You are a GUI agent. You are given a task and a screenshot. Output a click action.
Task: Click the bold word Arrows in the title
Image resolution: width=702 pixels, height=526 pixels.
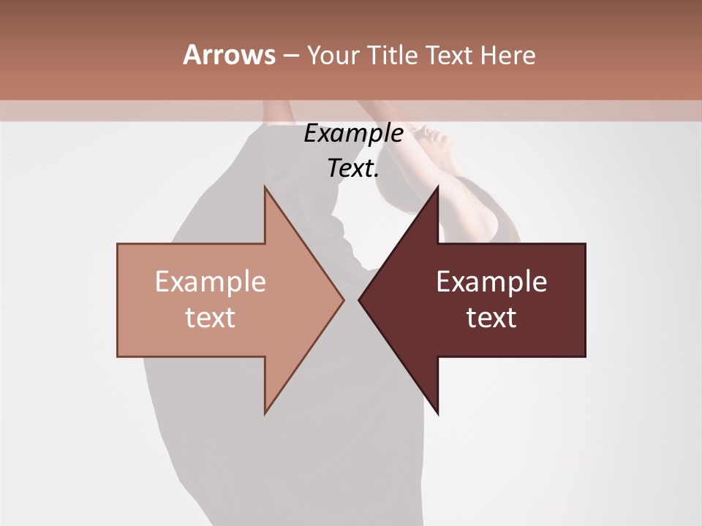pos(229,55)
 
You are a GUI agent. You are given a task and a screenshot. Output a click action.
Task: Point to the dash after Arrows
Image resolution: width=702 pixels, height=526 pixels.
pos(290,56)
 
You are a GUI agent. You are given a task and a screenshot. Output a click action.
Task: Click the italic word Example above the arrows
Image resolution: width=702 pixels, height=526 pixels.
pos(353,134)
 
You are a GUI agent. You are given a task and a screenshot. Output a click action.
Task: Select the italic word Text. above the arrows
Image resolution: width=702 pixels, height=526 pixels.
pos(353,169)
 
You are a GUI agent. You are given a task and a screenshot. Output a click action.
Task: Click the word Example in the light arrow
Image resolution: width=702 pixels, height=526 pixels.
pos(211,282)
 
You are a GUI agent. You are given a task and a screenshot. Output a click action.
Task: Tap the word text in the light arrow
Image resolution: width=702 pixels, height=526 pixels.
pos(211,318)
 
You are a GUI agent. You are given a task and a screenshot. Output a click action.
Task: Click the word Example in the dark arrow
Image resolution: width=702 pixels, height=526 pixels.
pos(491,282)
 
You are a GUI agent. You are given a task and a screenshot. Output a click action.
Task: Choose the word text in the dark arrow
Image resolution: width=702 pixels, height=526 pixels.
pos(491,318)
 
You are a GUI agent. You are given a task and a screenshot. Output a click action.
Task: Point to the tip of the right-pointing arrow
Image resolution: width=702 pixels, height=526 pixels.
pos(343,300)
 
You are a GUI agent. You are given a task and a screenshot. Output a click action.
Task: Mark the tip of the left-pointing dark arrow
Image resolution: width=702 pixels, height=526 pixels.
pos(359,300)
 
